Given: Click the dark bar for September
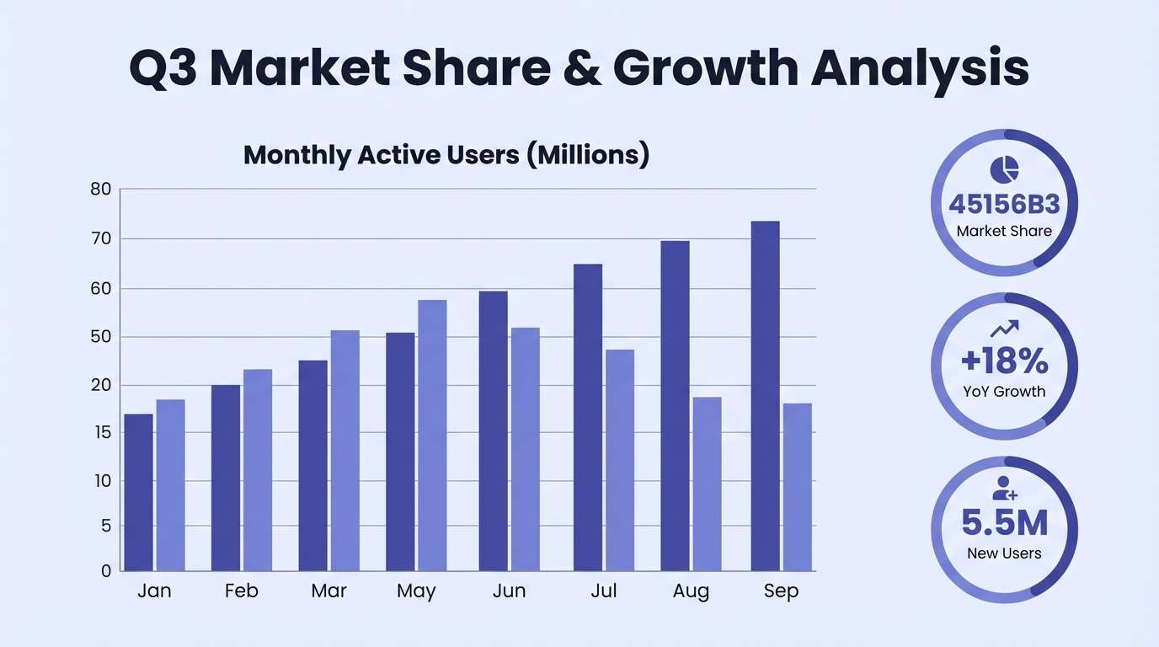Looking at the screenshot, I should (765, 396).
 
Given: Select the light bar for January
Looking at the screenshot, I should (170, 485).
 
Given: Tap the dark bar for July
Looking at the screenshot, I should (588, 418).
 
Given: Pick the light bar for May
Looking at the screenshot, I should (432, 436).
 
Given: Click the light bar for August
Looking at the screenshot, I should (707, 484).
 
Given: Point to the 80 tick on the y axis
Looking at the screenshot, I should (101, 190).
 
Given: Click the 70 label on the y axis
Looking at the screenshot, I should (101, 238).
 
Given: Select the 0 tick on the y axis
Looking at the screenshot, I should (105, 571).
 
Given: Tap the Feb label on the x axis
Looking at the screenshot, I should (241, 591).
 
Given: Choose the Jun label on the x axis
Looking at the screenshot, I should (509, 591).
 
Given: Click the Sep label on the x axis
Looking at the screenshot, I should (781, 591).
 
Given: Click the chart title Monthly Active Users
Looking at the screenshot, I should (446, 155).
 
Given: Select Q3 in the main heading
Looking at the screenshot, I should (163, 69).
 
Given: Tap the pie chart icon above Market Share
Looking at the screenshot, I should (1004, 169).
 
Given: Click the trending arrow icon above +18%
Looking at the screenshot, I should (1004, 328).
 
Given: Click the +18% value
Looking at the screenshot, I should (1004, 361).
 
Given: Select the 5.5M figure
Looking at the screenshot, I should (1004, 523).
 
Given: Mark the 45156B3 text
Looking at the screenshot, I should (1004, 205).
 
